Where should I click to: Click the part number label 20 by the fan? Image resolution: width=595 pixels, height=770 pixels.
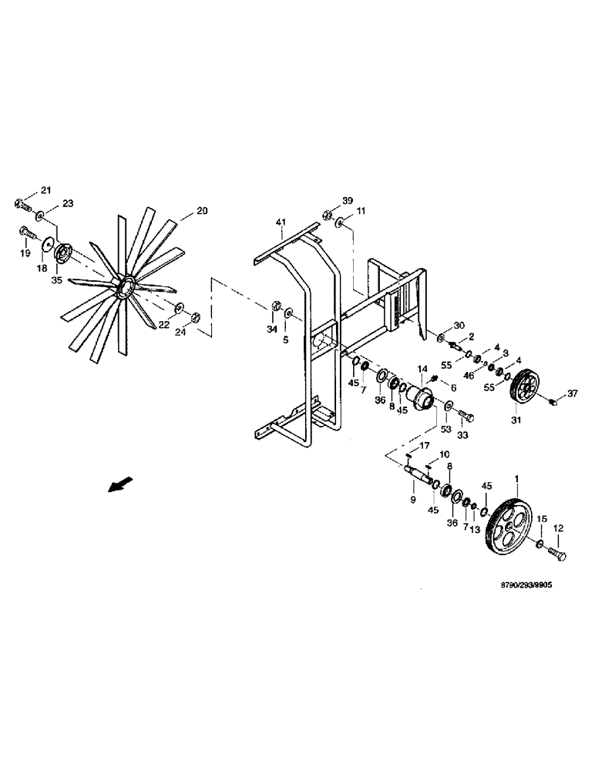202,210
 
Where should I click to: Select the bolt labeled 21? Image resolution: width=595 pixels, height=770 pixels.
21,204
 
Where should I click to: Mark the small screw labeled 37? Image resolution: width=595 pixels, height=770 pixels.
551,401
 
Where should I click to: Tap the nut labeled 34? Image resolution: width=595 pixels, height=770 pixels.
274,307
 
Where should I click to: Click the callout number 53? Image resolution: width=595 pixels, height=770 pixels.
444,427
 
